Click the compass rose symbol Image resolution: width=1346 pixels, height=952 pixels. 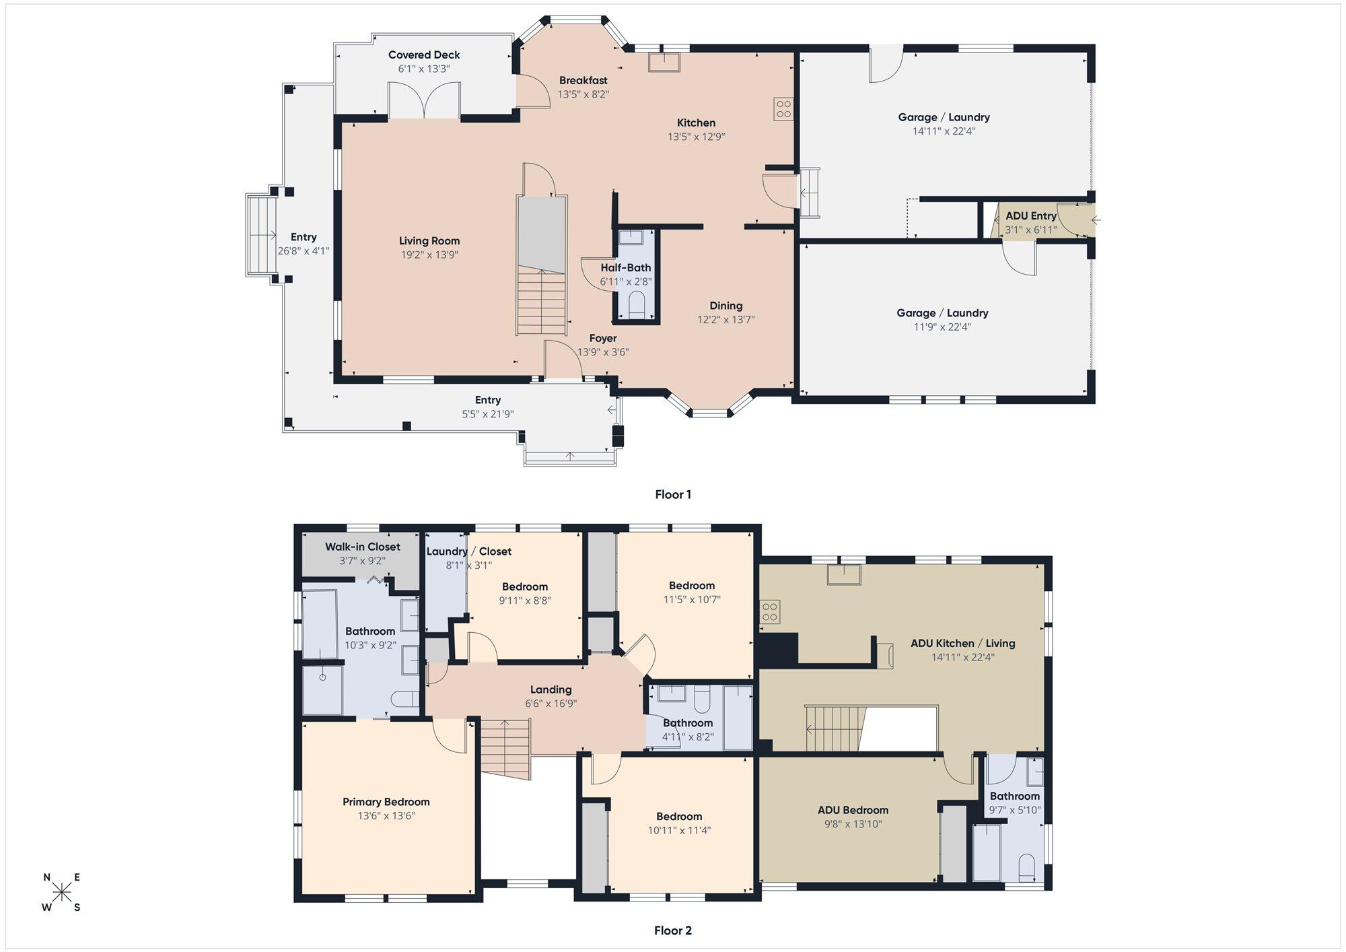62,893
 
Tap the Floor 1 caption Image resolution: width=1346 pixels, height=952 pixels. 673,494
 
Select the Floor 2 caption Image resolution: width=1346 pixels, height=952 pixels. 673,930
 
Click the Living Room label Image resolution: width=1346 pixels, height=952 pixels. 429,241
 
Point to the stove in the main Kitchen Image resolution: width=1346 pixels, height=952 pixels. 783,108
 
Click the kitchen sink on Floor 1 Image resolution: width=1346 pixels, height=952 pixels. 664,61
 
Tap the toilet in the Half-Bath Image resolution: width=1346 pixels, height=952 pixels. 636,304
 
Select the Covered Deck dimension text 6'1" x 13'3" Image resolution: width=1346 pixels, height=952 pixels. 424,69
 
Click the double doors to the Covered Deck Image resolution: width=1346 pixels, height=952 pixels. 424,101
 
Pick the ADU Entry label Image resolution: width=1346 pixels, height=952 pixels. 1031,216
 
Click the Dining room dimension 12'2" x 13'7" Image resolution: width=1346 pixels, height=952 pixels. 726,320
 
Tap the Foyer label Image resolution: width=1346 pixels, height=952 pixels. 603,338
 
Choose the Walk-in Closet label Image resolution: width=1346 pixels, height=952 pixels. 363,547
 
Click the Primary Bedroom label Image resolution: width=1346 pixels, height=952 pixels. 386,802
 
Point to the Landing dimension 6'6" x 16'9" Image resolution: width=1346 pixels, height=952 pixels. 551,704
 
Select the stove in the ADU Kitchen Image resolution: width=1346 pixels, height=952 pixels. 770,612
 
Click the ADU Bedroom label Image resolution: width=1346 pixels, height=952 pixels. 853,810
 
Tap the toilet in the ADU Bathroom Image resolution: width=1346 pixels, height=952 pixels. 1026,867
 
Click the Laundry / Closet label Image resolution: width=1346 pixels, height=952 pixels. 469,551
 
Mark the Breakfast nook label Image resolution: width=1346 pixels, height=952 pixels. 583,80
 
